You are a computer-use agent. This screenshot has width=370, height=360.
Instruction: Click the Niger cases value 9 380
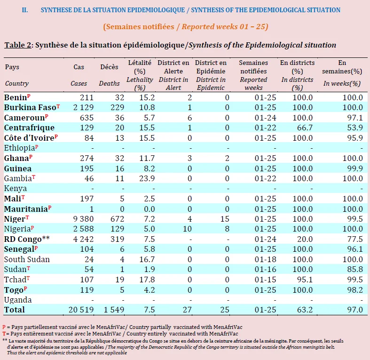[x=83, y=219]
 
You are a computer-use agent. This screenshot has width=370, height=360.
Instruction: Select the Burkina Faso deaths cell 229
[x=117, y=107]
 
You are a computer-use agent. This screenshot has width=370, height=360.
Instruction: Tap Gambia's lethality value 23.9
[x=147, y=178]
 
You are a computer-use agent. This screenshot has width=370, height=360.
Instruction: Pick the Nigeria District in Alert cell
[x=188, y=229]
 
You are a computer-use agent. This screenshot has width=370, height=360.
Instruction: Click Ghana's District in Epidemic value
[x=227, y=158]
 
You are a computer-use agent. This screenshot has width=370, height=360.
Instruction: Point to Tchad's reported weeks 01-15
[x=265, y=280]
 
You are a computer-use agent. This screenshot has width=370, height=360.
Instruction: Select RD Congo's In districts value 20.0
[x=305, y=239]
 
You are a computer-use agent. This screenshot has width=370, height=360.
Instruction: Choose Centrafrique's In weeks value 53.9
[x=355, y=128]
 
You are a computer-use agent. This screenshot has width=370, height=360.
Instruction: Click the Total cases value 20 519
[x=81, y=310]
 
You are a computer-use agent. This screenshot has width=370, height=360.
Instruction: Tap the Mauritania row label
[x=26, y=209]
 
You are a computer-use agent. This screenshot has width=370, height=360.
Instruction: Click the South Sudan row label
[x=27, y=259]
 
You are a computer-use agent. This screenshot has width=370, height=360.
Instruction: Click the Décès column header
[x=109, y=67]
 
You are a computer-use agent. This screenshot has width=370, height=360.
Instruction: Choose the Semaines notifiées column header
[x=253, y=67]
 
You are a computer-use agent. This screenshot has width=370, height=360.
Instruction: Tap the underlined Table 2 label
[x=18, y=45]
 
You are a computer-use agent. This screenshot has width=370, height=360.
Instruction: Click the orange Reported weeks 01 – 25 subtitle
[x=225, y=27]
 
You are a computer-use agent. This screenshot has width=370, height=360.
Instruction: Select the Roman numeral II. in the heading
[x=25, y=10]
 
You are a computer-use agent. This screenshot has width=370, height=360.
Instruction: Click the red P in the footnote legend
[x=4, y=327]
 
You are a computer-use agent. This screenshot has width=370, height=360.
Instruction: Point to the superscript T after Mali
[x=23, y=197]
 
